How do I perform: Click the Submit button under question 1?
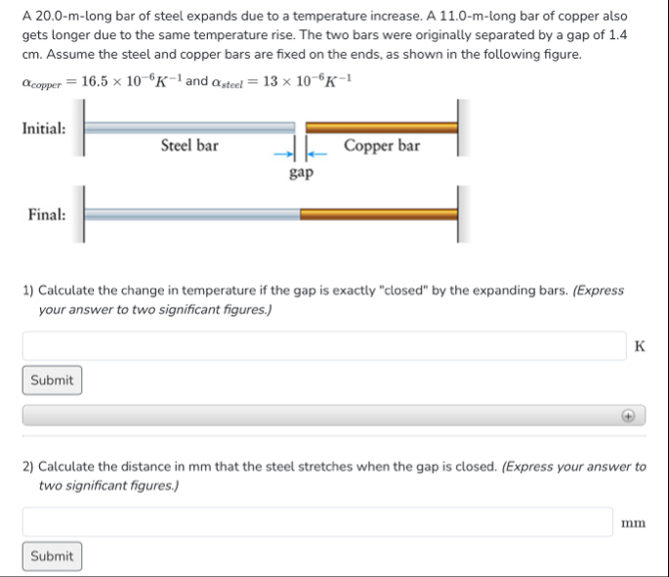(52, 380)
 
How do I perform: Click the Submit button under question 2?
(52, 556)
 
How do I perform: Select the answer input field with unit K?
(323, 345)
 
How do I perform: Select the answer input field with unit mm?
(317, 521)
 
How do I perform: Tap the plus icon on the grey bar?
(630, 416)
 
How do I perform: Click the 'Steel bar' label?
(189, 146)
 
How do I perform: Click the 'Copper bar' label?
(382, 146)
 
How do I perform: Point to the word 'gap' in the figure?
(301, 173)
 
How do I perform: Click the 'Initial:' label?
(44, 128)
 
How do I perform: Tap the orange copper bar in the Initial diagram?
(381, 127)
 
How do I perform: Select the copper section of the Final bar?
(378, 213)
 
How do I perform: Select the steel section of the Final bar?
(191, 213)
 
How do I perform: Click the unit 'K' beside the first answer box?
(639, 346)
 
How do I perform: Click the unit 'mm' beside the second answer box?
(633, 523)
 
